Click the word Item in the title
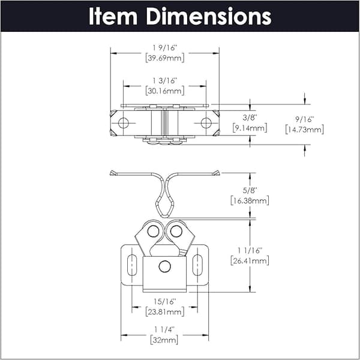[x=113, y=16]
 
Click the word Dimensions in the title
[x=209, y=16]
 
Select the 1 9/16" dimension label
[x=165, y=48]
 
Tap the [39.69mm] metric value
[x=165, y=58]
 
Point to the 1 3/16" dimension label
[x=165, y=81]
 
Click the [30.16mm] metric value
[x=165, y=91]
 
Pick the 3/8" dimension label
[x=250, y=118]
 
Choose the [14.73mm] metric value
[x=304, y=130]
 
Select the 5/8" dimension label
[x=250, y=190]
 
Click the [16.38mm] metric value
[x=250, y=200]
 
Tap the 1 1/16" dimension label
[x=250, y=250]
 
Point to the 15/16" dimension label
[x=165, y=301]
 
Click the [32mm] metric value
[x=164, y=340]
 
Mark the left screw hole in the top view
[x=124, y=123]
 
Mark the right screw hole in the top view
[x=206, y=123]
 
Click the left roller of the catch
[x=153, y=231]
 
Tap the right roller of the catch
[x=176, y=231]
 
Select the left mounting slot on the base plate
[x=132, y=265]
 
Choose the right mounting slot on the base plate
[x=197, y=265]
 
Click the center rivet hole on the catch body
[x=164, y=266]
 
